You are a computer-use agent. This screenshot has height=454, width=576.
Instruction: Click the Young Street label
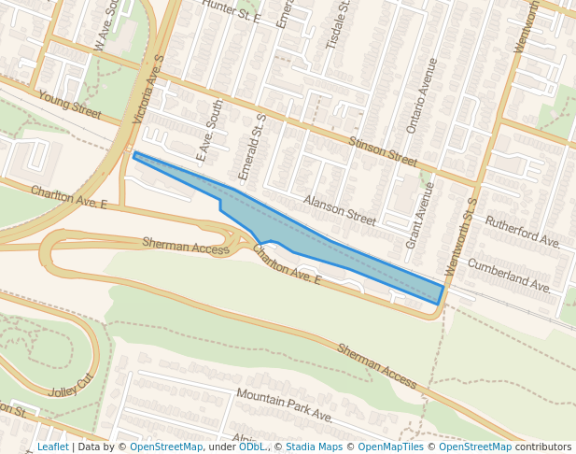69,104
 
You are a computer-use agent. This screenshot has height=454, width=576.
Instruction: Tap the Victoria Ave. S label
148,90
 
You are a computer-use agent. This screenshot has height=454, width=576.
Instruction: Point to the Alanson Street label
339,211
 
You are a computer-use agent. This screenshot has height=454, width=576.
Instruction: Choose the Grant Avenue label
421,215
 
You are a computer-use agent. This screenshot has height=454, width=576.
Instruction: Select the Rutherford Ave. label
522,232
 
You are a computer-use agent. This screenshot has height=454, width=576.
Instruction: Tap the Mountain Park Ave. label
284,405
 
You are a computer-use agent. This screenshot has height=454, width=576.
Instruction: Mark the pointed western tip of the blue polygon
136,154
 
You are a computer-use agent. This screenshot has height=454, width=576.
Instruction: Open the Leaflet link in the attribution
52,447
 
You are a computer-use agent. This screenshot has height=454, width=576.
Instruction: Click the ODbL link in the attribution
251,447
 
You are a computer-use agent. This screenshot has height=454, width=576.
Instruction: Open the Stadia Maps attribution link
314,447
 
